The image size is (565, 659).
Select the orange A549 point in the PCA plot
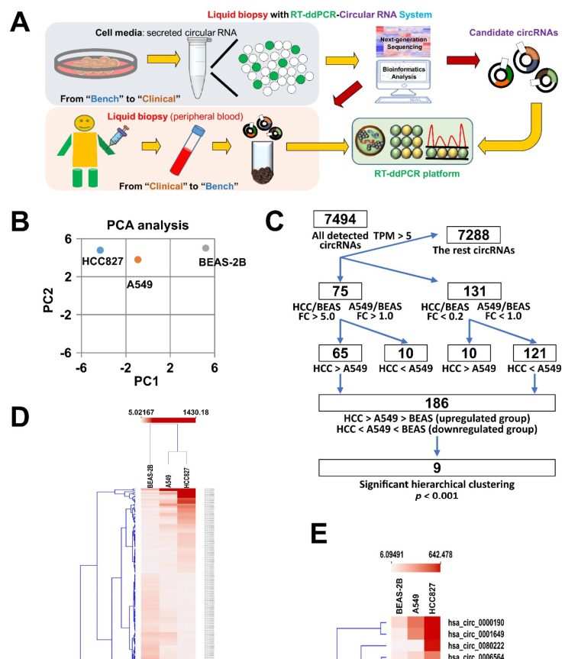(x=137, y=260)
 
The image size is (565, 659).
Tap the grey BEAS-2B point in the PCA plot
(x=205, y=248)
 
